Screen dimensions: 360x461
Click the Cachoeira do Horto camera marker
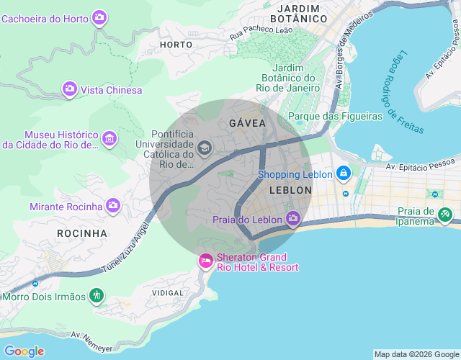99,17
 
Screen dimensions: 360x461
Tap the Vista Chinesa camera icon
70,89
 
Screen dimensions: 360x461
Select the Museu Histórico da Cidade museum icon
109,138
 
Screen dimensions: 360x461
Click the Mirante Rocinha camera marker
113,206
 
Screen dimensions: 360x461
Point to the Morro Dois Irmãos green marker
97,295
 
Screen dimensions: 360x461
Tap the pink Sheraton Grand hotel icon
205,261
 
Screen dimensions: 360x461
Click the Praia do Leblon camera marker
293,217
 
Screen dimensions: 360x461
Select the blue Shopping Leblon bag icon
344,174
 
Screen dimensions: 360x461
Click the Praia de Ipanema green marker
446,214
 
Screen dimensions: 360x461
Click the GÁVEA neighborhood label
247,123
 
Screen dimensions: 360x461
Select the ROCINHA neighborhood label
81,233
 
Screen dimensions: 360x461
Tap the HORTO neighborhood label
176,45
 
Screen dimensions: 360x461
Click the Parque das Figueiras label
335,116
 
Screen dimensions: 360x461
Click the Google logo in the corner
24,351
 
